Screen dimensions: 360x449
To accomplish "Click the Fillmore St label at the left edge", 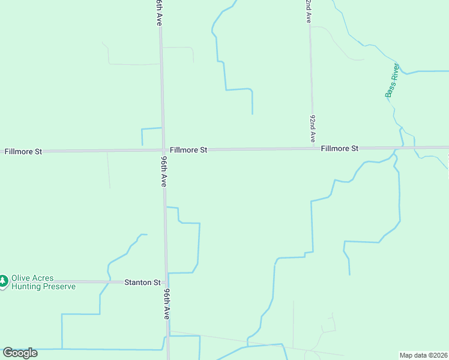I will [23, 152].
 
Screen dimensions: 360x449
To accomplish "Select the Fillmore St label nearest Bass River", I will [339, 148].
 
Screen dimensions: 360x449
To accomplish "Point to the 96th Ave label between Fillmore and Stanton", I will [163, 172].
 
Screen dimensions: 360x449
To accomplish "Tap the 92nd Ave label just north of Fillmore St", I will [313, 128].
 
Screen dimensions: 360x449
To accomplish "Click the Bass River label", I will [392, 80].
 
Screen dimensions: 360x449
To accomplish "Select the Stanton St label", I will [142, 282].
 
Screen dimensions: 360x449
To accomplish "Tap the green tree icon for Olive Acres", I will [4, 281].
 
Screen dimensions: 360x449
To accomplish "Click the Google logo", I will [20, 353].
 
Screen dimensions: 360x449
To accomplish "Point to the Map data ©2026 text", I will [423, 355].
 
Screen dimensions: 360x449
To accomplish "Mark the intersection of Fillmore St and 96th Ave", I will [163, 150].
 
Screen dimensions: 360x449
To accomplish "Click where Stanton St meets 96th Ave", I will [167, 281].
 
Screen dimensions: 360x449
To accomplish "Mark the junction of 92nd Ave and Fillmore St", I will [312, 148].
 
